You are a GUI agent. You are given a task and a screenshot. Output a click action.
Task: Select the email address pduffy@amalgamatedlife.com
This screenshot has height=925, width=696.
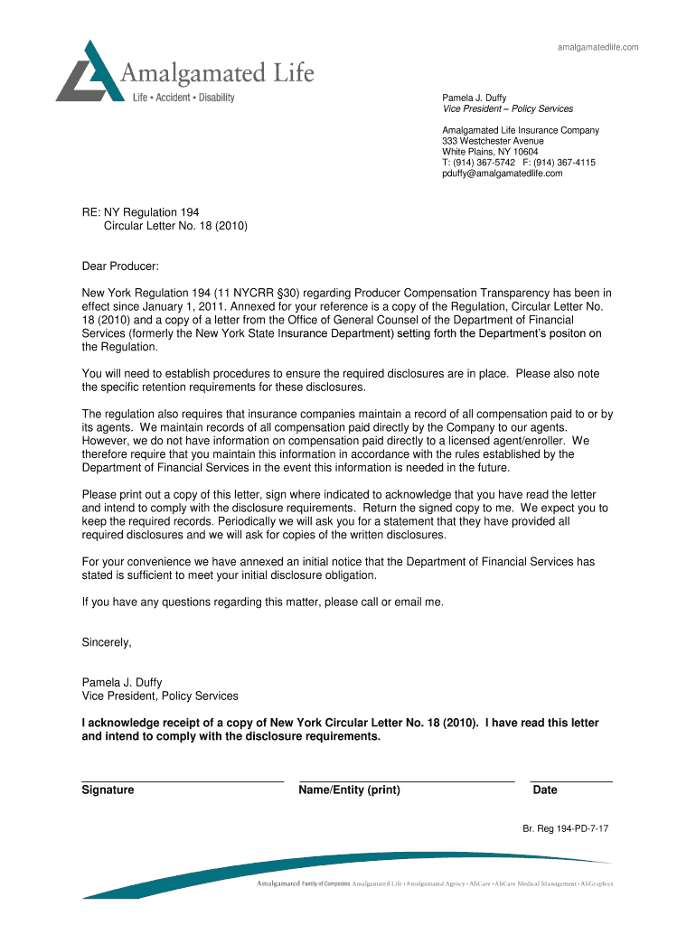pyautogui.click(x=502, y=173)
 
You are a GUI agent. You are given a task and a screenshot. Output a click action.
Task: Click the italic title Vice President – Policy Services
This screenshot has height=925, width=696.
pyautogui.click(x=507, y=108)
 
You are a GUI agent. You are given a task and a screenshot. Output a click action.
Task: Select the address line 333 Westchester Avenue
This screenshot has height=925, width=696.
pyautogui.click(x=493, y=141)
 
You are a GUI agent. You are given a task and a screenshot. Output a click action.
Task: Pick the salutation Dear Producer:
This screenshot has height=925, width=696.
pyautogui.click(x=120, y=266)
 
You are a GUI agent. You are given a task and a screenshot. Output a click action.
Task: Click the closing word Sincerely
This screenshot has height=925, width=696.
pyautogui.click(x=107, y=642)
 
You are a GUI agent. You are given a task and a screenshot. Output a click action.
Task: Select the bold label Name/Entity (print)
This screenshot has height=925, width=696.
pyautogui.click(x=349, y=790)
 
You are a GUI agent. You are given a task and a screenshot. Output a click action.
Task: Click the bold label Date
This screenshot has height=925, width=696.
pyautogui.click(x=545, y=790)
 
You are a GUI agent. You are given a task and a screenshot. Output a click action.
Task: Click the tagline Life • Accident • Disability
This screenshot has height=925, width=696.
pyautogui.click(x=183, y=97)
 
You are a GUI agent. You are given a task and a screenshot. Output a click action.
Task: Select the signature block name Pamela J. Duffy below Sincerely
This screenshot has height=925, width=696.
pyautogui.click(x=122, y=683)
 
